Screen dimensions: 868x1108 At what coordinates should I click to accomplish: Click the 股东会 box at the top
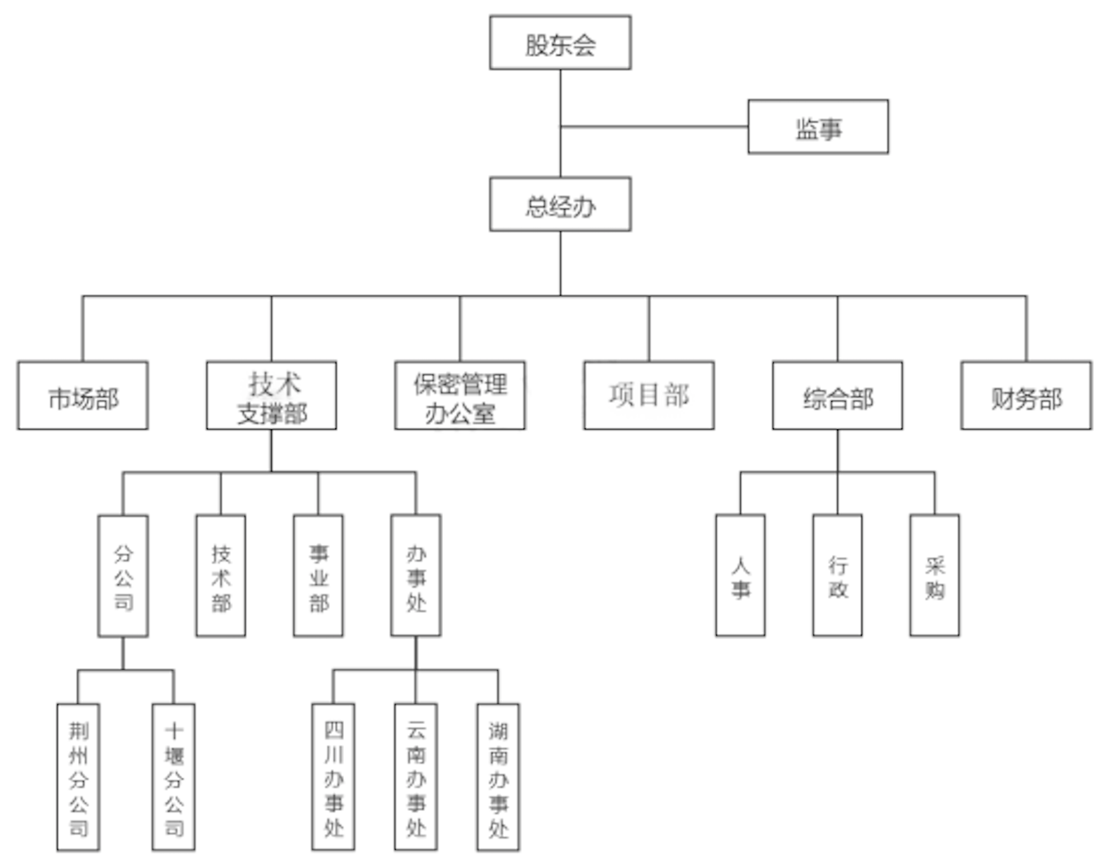(560, 43)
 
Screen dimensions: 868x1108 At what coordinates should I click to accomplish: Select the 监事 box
(817, 127)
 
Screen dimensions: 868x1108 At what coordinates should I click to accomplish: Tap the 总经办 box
(560, 204)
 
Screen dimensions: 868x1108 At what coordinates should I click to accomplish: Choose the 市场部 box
(83, 395)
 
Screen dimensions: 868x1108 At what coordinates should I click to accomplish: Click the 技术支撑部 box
(271, 395)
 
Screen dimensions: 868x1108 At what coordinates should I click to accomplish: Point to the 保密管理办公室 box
(460, 395)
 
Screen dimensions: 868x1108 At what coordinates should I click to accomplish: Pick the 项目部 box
(648, 395)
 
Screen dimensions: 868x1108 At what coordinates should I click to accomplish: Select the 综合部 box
(837, 395)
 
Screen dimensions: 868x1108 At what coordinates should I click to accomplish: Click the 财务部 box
(1026, 395)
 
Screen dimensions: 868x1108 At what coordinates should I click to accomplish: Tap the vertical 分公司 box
(123, 576)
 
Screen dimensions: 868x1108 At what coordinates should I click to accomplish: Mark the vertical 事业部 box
(318, 576)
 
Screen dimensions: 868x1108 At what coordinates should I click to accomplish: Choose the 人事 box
(740, 576)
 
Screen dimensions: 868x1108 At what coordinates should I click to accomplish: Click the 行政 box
(837, 576)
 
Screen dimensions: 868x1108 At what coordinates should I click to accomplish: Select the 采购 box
(934, 576)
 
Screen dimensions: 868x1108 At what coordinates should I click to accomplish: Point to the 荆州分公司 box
(78, 777)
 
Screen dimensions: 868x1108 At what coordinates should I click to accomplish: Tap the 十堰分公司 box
(173, 777)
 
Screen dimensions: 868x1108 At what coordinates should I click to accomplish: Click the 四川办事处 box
(333, 777)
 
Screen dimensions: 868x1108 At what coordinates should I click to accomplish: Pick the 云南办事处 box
(416, 777)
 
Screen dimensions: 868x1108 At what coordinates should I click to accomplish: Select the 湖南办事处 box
(498, 777)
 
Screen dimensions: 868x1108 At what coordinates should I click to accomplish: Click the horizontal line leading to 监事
(653, 127)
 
